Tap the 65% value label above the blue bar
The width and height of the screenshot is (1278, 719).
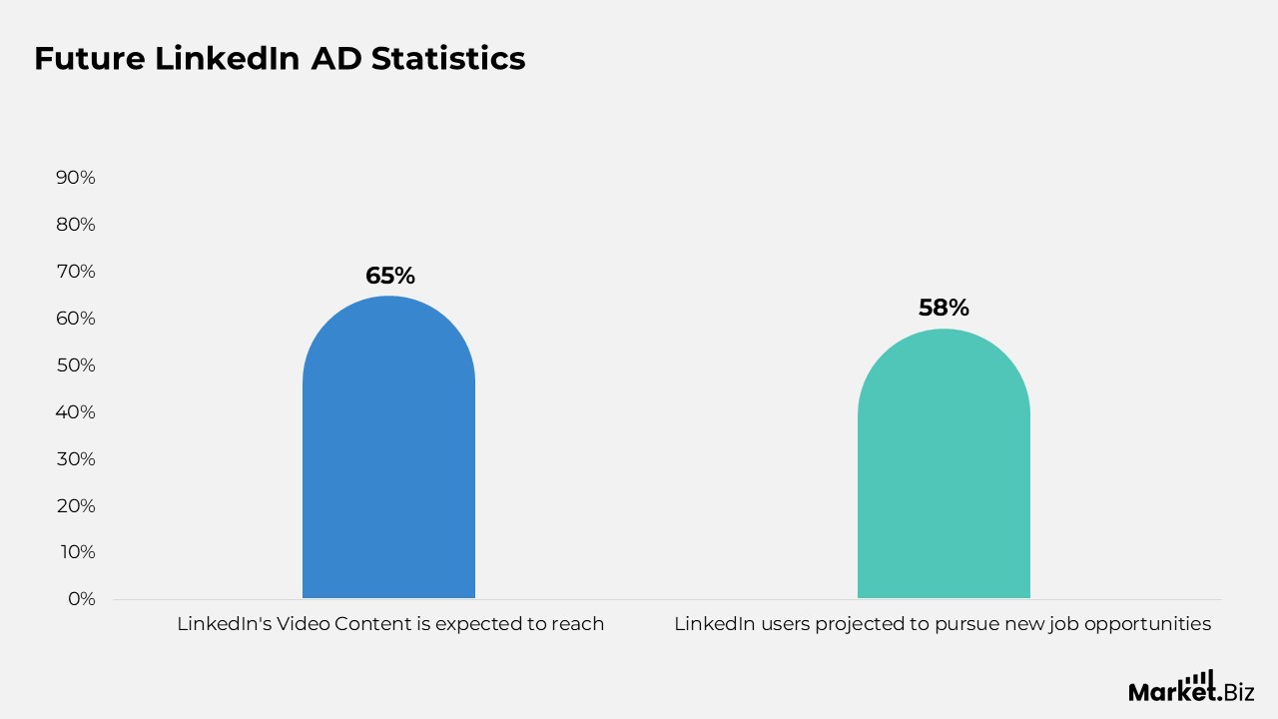click(388, 276)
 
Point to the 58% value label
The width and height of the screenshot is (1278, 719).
click(944, 308)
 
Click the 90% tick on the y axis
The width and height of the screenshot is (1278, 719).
click(76, 178)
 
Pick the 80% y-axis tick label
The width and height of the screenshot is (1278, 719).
click(76, 225)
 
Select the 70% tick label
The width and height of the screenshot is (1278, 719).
click(76, 272)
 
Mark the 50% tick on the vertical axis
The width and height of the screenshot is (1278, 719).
click(76, 365)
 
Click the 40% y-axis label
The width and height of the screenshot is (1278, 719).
click(76, 412)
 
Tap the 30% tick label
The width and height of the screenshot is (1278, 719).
click(76, 459)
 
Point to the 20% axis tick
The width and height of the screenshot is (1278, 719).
click(76, 506)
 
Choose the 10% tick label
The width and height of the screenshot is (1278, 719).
click(77, 552)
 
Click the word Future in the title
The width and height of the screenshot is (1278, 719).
click(89, 59)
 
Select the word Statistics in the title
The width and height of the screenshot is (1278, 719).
click(448, 59)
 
